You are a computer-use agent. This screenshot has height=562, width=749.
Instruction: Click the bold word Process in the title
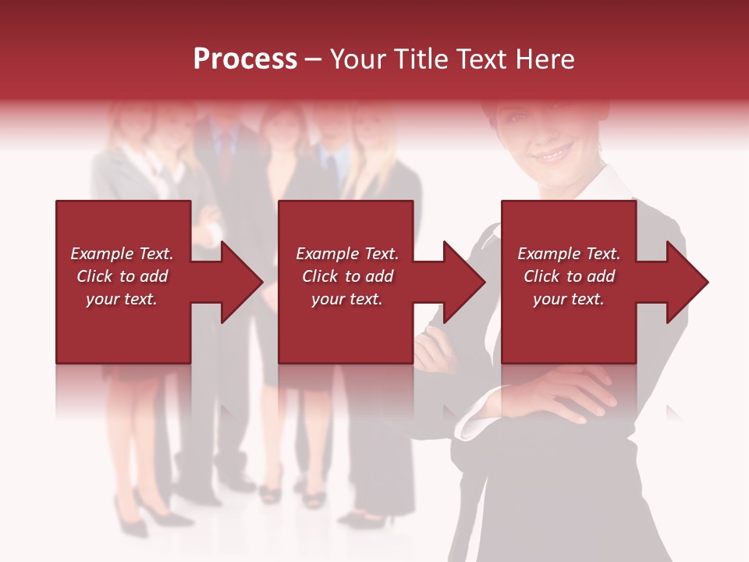click(x=245, y=59)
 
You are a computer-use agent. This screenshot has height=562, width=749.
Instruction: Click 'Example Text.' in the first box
click(x=122, y=254)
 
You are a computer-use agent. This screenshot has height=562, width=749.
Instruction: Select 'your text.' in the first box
click(x=122, y=299)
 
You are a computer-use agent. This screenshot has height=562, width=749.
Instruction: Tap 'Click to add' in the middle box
click(x=347, y=276)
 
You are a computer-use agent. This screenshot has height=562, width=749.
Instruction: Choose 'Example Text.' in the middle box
click(x=347, y=254)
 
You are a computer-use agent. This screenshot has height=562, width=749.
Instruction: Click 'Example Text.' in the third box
click(x=569, y=254)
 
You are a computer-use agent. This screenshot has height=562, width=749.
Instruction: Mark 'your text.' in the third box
click(x=569, y=299)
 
